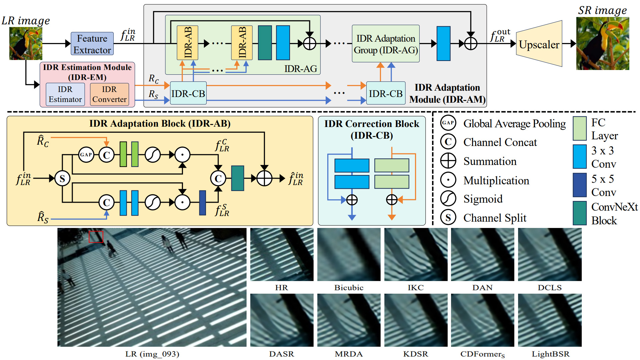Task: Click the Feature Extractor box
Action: pos(92,44)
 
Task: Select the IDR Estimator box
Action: pos(65,94)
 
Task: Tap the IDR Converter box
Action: pos(109,94)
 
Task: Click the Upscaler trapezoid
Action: pos(539,44)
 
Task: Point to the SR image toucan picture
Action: pos(603,44)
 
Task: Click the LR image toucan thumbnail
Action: pos(26,44)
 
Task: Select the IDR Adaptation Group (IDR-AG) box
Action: pos(386,44)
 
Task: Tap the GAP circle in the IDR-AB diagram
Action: pos(86,155)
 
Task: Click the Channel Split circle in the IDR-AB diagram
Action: pos(62,178)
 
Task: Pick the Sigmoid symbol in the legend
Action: pos(448,199)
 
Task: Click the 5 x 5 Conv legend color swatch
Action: pos(580,185)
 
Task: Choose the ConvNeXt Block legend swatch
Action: pos(580,213)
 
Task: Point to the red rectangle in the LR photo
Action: pos(96,237)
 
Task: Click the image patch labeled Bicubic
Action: pos(349,255)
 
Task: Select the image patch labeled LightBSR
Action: pos(550,320)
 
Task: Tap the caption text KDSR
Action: pos(415,354)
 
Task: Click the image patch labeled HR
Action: pos(282,255)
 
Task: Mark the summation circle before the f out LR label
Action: pos(470,44)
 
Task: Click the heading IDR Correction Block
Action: pos(372,124)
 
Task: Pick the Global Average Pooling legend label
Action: pos(514,124)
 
